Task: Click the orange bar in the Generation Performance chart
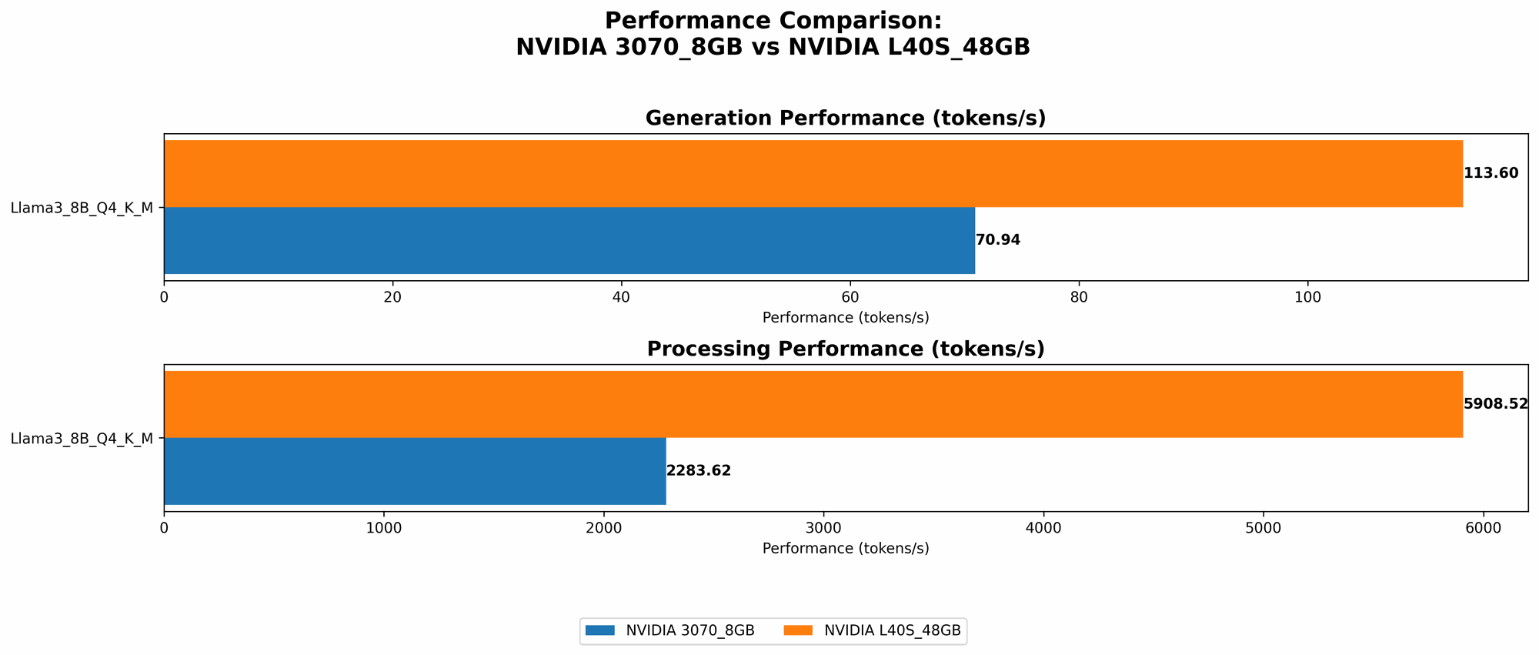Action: point(813,173)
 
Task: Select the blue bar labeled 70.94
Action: point(569,240)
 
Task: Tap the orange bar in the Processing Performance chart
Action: point(813,404)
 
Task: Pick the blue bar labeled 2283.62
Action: point(415,471)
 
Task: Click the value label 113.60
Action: point(1491,173)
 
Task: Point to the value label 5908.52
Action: point(1494,404)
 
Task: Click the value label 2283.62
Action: point(698,471)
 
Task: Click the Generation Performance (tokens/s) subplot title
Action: point(845,119)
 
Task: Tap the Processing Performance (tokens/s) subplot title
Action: point(845,349)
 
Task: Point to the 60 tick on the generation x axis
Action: point(850,297)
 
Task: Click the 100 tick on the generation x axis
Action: point(1307,297)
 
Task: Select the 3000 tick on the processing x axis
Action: point(823,528)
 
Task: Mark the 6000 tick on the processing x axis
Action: point(1483,528)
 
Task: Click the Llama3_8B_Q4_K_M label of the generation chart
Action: point(82,207)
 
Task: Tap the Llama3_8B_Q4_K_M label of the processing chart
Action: point(82,439)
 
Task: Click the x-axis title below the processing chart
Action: point(845,549)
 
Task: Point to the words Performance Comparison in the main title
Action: point(772,21)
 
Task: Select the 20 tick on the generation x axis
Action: point(392,297)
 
